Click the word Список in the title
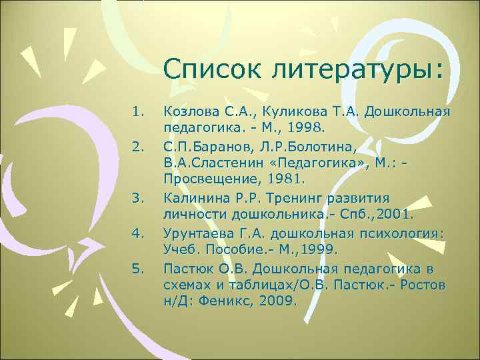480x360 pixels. [x=204, y=69]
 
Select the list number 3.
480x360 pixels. [x=138, y=198]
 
